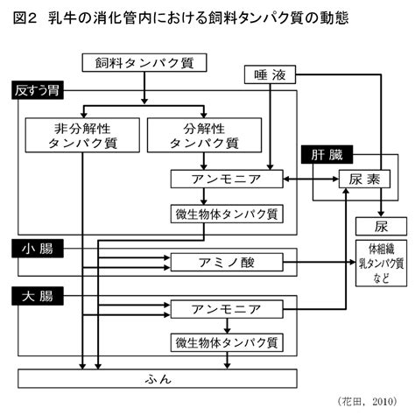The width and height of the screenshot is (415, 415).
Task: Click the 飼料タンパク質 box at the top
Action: (144, 62)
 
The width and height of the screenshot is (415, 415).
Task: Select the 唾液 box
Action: (270, 74)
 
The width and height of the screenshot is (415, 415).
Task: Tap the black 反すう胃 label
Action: (38, 90)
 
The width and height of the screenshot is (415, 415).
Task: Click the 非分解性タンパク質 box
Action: (82, 135)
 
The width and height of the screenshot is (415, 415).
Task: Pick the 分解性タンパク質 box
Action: (204, 135)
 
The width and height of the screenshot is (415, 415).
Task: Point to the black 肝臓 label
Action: (327, 154)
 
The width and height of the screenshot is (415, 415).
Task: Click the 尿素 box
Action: (364, 179)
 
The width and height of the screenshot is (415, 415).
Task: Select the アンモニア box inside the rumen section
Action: (227, 179)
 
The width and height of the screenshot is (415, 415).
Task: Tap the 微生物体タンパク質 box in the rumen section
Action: (227, 214)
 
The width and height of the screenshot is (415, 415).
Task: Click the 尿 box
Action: (381, 226)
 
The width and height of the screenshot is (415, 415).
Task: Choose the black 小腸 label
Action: (38, 249)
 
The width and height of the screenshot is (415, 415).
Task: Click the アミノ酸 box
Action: (227, 263)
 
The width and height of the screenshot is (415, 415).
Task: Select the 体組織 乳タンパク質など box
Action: (381, 264)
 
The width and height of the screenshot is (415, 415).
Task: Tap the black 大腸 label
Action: (38, 296)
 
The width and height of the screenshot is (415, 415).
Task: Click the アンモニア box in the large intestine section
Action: (227, 309)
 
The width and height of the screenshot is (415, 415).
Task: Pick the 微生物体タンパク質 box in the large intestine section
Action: (227, 342)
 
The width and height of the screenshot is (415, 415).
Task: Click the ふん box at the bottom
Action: (158, 379)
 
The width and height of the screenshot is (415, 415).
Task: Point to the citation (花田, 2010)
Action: (367, 401)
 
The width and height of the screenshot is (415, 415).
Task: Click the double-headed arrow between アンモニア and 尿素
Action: (311, 179)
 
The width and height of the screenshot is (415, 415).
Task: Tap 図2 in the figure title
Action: (25, 18)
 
